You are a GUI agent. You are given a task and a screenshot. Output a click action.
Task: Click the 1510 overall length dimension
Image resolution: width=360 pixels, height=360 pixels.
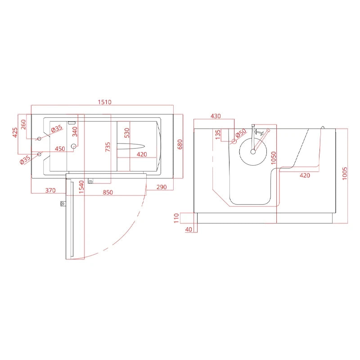(105, 102)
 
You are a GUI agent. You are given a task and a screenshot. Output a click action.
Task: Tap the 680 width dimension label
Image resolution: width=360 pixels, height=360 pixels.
(180, 144)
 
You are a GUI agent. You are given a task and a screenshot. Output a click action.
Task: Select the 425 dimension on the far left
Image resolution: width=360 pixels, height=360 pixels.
(15, 133)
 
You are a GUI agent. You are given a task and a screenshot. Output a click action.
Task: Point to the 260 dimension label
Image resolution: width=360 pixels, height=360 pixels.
(23, 125)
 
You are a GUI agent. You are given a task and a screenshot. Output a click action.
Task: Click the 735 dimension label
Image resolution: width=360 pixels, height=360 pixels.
(108, 147)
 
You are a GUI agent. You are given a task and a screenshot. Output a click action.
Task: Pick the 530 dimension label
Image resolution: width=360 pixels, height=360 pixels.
(127, 133)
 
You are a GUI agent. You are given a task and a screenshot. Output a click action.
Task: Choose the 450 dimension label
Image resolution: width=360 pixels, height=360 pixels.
(60, 149)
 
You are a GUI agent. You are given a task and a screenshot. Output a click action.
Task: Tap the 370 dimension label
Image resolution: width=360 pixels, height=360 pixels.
(50, 190)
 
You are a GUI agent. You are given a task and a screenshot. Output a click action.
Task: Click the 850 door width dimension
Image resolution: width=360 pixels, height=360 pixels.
(108, 193)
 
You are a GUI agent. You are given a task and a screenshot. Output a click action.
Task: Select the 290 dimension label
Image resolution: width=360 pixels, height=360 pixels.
(162, 187)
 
